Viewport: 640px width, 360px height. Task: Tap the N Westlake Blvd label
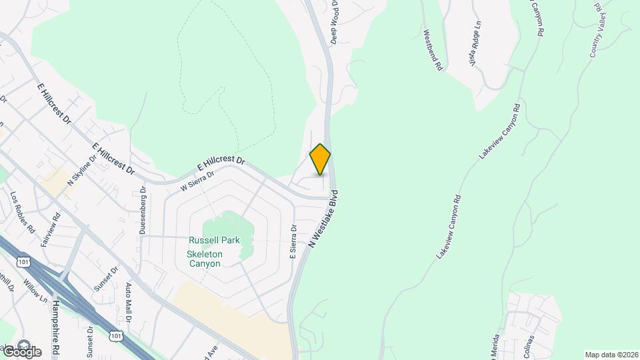point(323,219)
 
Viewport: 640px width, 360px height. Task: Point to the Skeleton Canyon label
point(203,259)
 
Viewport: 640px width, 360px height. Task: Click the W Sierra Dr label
point(197,181)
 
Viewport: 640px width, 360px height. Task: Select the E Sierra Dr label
point(293,241)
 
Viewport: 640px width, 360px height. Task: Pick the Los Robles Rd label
point(23,212)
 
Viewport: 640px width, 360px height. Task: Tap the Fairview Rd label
point(51,230)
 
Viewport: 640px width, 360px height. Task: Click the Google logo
point(21,351)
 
